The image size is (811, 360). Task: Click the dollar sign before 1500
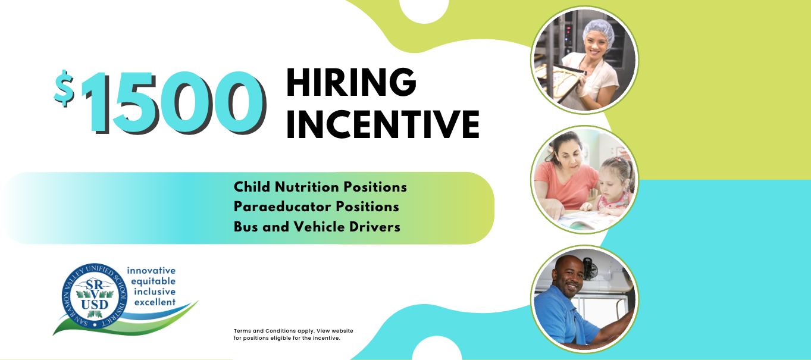coord(64,88)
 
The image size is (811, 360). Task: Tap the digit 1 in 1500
coord(95,102)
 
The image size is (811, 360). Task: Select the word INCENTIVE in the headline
coord(383,124)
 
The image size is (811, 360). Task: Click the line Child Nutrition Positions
coord(320,187)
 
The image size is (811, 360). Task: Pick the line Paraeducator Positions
coord(316,207)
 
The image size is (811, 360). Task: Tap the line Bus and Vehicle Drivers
coord(317,227)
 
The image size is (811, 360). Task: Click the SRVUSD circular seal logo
coord(95,296)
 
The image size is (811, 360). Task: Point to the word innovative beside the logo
coord(151,271)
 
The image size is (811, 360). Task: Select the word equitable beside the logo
coord(153,281)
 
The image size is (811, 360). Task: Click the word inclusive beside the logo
coord(155,292)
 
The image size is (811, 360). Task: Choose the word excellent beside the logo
coord(155,302)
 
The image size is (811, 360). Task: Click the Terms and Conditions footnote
coord(293,334)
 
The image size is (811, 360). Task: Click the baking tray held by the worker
coord(559,83)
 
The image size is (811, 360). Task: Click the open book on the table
coord(583,220)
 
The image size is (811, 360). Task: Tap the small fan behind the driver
coord(590,269)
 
